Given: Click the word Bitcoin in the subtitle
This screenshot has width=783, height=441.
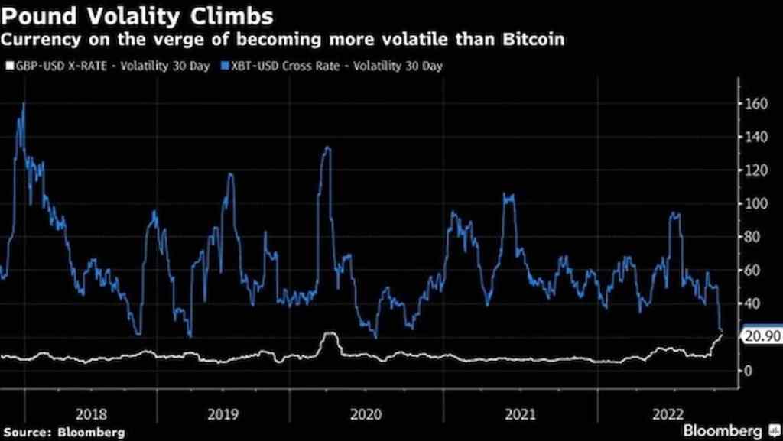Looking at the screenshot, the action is [534, 40].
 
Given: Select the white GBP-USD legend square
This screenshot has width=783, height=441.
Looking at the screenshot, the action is [10, 66].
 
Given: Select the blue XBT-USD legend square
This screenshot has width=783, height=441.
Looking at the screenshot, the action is [224, 66].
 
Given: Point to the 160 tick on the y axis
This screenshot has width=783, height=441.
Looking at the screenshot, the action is [757, 104].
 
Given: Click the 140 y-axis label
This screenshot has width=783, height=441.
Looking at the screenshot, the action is [757, 137].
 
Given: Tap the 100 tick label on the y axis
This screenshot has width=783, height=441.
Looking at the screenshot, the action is [757, 204].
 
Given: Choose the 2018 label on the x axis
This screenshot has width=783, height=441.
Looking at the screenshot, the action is [92, 414].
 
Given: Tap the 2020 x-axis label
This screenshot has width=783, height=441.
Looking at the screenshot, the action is [366, 414].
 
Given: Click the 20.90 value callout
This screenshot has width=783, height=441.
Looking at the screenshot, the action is [762, 337].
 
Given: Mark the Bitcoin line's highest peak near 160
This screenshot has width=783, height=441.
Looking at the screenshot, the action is [24, 104].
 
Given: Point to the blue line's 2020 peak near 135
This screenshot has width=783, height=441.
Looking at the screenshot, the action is [327, 148].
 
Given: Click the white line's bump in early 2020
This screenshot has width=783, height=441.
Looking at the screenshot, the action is [329, 334].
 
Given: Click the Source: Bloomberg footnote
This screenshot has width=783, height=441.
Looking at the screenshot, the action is [64, 432].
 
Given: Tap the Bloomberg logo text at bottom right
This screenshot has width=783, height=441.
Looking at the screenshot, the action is [722, 430].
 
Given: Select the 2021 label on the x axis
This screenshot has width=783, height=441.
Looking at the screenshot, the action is [520, 414].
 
